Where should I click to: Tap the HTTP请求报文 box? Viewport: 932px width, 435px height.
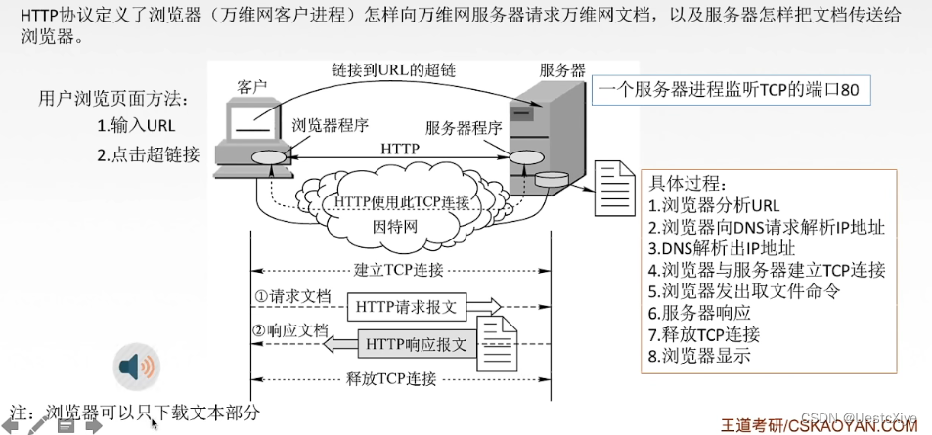click(406, 307)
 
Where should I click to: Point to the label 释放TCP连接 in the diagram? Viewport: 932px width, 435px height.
click(391, 378)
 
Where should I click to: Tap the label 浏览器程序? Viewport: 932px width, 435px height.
click(330, 125)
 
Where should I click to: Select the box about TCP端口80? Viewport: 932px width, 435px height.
click(730, 90)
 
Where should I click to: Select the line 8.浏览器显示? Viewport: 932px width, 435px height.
click(699, 356)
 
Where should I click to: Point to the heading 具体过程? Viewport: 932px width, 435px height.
click(688, 184)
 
